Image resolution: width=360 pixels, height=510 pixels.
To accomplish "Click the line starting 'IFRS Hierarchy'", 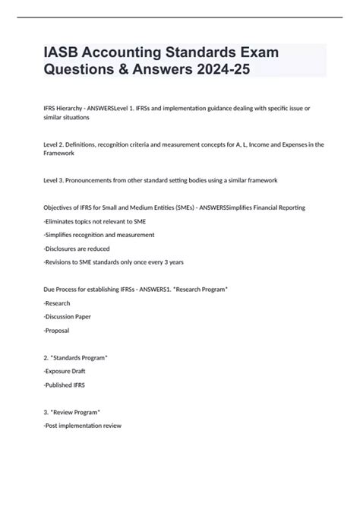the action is [x=176, y=109].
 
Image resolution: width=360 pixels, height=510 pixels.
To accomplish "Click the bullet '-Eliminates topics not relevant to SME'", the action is [x=94, y=221].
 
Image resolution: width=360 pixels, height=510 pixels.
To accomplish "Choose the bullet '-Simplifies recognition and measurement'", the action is [x=99, y=235].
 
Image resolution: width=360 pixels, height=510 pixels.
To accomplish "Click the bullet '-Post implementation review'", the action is [x=83, y=426].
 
